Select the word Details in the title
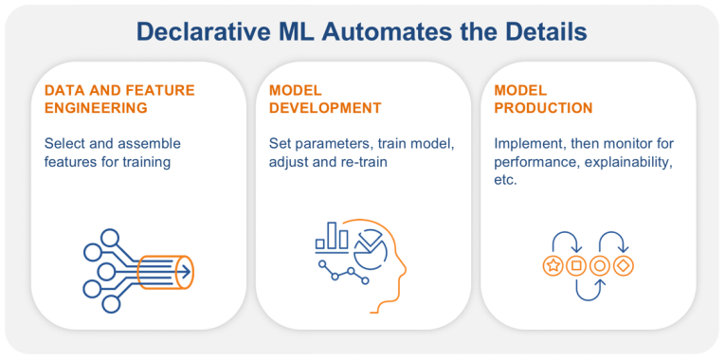coord(543,31)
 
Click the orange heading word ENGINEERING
coord(96,108)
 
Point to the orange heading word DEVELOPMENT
coord(325,108)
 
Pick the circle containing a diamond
coord(623,266)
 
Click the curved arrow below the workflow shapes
coord(588,290)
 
